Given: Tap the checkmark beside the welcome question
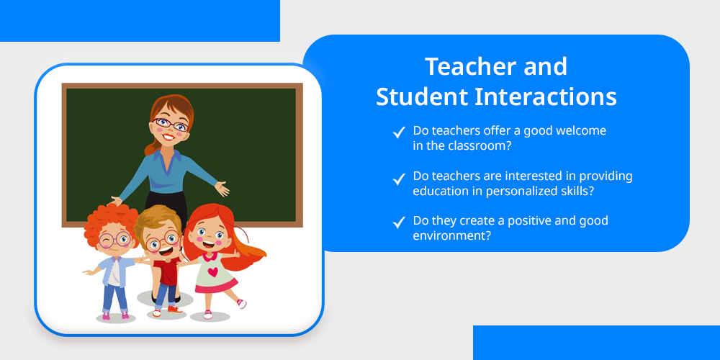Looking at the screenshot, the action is pyautogui.click(x=399, y=133).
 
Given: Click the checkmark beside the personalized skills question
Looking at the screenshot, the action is pyautogui.click(x=399, y=179).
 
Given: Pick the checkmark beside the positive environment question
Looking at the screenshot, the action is pyautogui.click(x=399, y=223).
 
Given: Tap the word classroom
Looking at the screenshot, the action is pyautogui.click(x=477, y=146).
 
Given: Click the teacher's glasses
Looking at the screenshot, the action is pyautogui.click(x=171, y=124).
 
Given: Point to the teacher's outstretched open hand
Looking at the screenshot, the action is pyautogui.click(x=222, y=188).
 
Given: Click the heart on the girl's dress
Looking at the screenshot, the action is pyautogui.click(x=212, y=272).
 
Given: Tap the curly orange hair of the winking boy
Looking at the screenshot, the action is pyautogui.click(x=110, y=221).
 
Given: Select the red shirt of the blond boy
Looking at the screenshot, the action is pyautogui.click(x=167, y=271).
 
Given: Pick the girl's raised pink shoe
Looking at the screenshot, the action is pyautogui.click(x=241, y=304).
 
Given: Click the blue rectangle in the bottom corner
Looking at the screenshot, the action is pyautogui.click(x=596, y=343).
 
